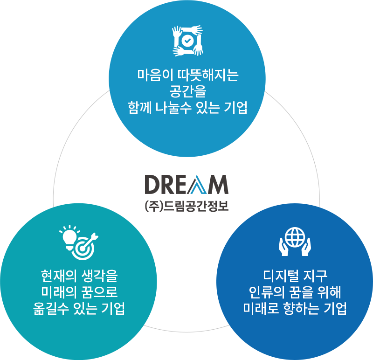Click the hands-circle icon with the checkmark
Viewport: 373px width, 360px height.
[187, 41]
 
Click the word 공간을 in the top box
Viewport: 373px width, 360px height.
[187, 91]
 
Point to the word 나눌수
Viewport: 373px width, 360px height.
[176, 108]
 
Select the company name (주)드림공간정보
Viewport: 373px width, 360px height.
[186, 206]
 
